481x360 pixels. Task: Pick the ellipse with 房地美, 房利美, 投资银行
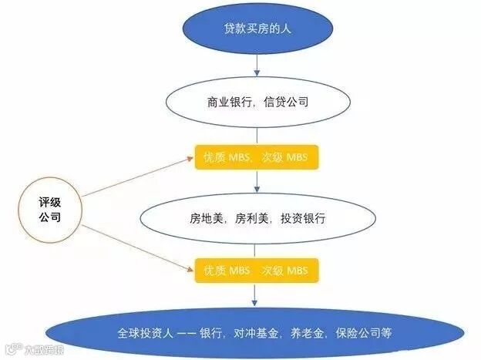point(257,218)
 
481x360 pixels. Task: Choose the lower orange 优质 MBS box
point(257,271)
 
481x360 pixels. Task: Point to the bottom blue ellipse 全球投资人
point(257,334)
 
